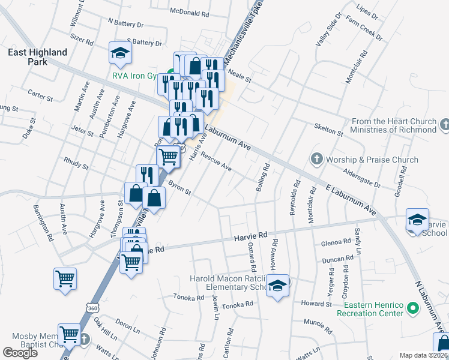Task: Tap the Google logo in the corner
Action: [x=20, y=353]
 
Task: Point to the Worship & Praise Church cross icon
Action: [x=317, y=160]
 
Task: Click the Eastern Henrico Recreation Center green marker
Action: [x=412, y=308]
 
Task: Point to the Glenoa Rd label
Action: [x=336, y=242]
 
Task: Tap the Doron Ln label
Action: [x=127, y=326]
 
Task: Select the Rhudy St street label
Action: [x=76, y=164]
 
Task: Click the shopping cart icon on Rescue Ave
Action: [x=168, y=157]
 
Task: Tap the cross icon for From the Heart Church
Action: [x=444, y=125]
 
